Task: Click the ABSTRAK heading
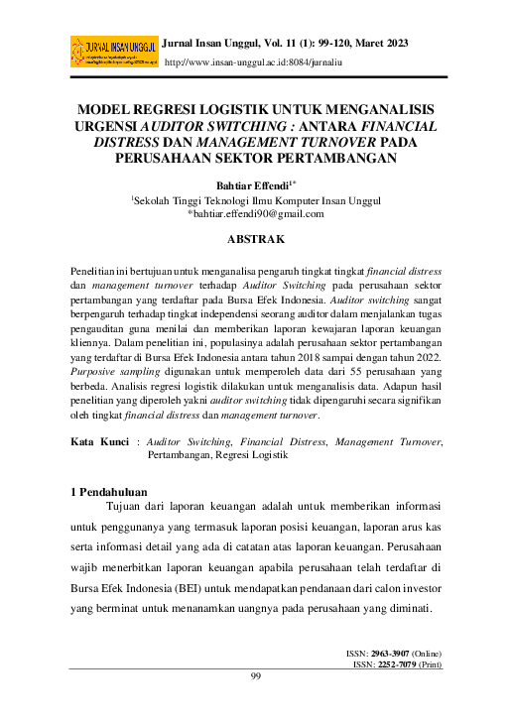[x=256, y=239]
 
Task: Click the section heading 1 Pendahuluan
[x=109, y=491]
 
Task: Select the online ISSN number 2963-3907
[x=387, y=656]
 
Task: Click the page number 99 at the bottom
[x=256, y=676]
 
